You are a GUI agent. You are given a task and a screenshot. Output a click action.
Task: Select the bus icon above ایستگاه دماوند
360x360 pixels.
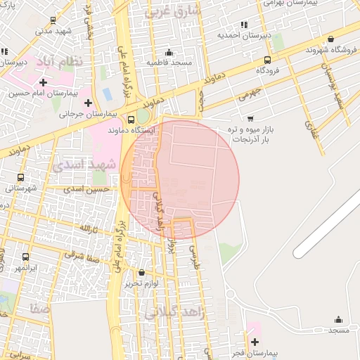pos(131,120)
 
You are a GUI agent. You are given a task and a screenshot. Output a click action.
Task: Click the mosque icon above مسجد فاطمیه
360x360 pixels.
pos(169,53)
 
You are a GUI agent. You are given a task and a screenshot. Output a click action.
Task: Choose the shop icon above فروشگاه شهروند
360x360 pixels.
pos(330,39)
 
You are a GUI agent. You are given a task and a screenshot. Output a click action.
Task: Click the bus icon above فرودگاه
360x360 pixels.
pos(267,60)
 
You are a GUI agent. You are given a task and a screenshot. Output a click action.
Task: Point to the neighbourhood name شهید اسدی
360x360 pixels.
pos(78,164)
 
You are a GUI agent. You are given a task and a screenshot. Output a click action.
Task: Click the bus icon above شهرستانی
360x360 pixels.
pos(20,178)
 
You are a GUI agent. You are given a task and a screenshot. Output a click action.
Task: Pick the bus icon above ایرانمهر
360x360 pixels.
pos(26,257)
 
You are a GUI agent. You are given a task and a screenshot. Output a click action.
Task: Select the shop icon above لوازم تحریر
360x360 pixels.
pos(141,272)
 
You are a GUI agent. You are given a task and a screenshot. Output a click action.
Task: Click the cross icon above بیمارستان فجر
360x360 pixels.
pos(254,341)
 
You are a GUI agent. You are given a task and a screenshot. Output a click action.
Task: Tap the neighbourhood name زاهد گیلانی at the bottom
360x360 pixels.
pos(174,314)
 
